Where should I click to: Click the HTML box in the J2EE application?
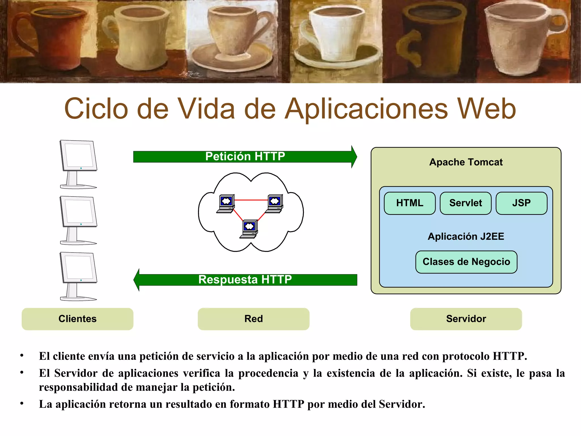[x=409, y=203]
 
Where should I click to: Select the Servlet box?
[x=465, y=203]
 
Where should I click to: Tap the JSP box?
[x=521, y=203]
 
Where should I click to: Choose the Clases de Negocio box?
[x=466, y=262]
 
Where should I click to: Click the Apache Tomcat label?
[x=466, y=162]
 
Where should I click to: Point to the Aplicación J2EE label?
[x=466, y=236]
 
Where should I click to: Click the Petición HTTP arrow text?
[x=245, y=157]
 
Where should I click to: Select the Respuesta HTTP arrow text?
[x=245, y=279]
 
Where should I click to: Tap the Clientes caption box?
[x=77, y=319]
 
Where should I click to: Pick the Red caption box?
[x=253, y=319]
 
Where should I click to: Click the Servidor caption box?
[x=466, y=319]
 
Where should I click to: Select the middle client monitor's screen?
[x=79, y=211]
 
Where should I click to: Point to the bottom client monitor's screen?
[x=79, y=267]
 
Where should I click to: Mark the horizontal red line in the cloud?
[x=251, y=200]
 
